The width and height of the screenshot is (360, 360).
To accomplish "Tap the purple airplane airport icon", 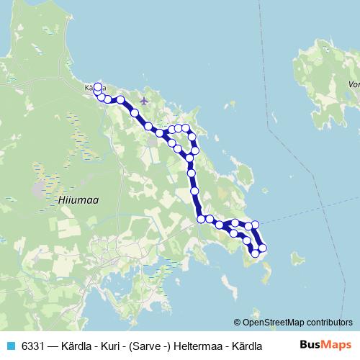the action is [144, 100].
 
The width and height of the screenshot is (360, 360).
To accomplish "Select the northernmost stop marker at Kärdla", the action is [97, 87].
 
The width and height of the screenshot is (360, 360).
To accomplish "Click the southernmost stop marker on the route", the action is [255, 253].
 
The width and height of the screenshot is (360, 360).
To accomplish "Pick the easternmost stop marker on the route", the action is [262, 248].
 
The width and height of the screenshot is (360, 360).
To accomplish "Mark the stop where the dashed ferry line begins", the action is [255, 225].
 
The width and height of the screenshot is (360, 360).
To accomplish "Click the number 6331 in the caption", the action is [33, 346].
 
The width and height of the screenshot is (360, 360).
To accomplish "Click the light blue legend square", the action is [11, 346].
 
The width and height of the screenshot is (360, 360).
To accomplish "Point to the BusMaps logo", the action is [326, 345].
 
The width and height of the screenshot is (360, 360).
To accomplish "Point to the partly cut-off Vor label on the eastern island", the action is [353, 84].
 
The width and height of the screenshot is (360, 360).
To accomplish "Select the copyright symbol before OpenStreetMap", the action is [238, 323].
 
